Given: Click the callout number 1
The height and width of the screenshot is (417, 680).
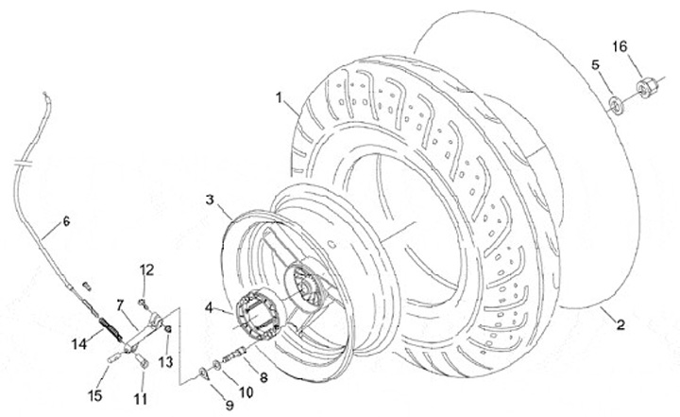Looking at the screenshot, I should [x=280, y=96].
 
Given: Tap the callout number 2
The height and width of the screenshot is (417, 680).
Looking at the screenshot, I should [x=621, y=327].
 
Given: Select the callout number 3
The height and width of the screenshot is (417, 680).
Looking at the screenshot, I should [x=213, y=200].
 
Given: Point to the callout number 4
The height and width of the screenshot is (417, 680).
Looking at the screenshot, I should [x=210, y=304].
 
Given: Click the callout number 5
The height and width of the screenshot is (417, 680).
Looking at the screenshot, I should [x=596, y=64].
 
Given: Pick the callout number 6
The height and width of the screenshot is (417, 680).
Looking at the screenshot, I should [x=66, y=222].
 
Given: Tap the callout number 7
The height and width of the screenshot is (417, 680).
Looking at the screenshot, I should [x=120, y=304].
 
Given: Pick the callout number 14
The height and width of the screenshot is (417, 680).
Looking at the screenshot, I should [x=80, y=342].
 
